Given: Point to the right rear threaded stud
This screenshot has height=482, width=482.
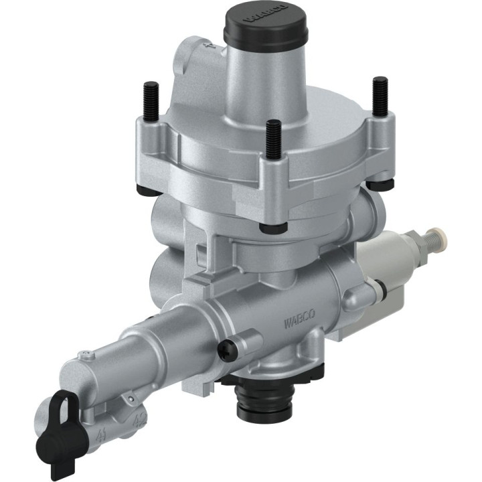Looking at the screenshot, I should (x=380, y=94).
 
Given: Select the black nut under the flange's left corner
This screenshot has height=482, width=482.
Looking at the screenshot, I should (x=143, y=190).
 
